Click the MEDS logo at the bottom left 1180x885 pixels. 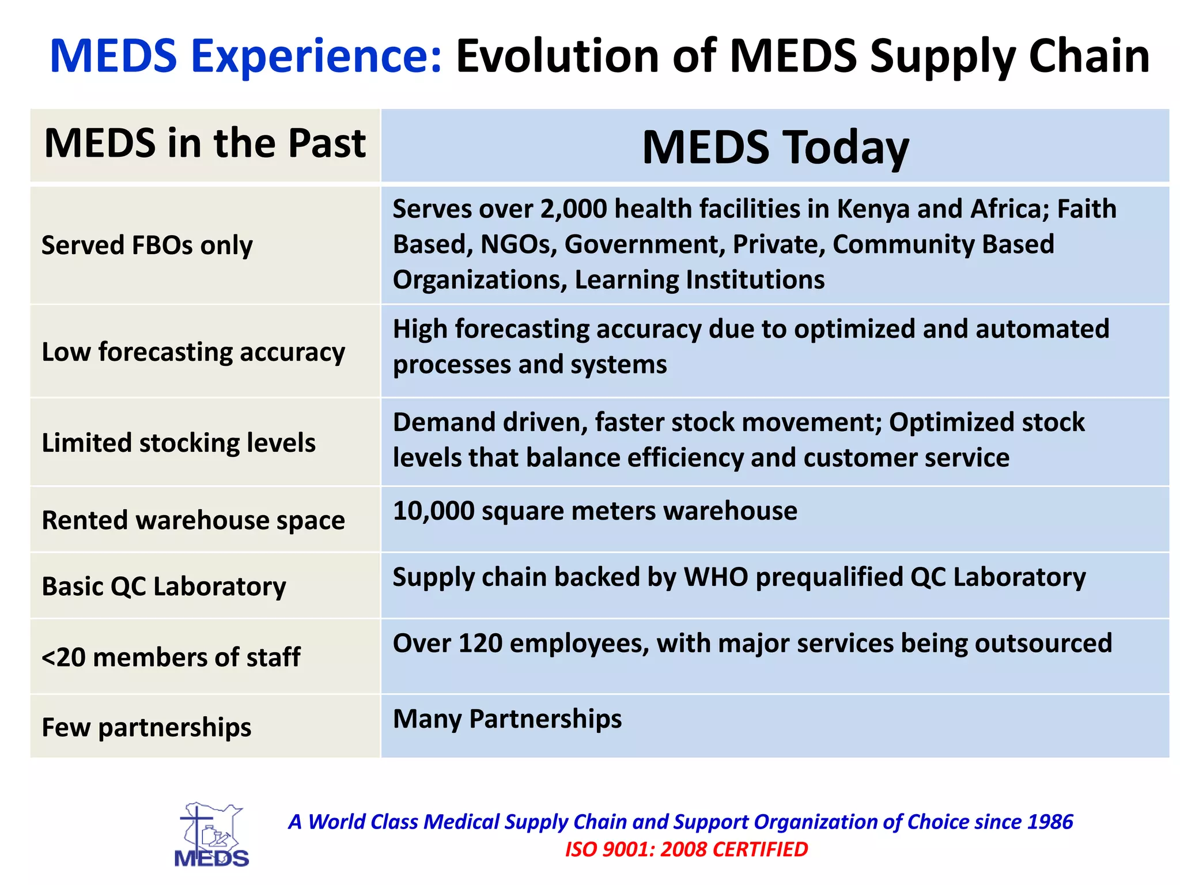click(211, 835)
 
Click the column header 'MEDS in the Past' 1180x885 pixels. click(205, 143)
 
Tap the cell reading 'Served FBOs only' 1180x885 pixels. click(147, 245)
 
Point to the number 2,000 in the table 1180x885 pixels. click(573, 209)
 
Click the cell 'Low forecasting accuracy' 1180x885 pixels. click(193, 352)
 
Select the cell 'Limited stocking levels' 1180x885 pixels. click(179, 443)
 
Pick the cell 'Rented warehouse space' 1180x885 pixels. click(193, 520)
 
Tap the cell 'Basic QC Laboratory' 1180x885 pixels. click(164, 587)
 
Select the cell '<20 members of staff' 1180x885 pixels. click(171, 657)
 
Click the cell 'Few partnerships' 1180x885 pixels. click(146, 728)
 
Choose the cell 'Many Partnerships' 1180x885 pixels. click(507, 719)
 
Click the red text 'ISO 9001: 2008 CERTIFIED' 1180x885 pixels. click(686, 849)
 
